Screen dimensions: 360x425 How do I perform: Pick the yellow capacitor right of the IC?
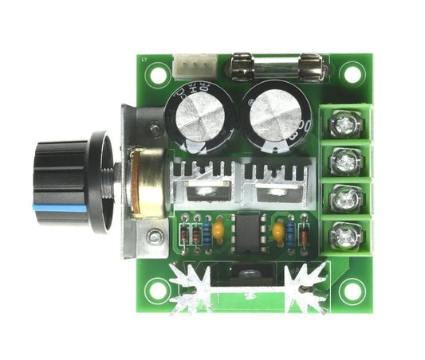(277, 231)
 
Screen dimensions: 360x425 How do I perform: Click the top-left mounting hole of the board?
(157, 73)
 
